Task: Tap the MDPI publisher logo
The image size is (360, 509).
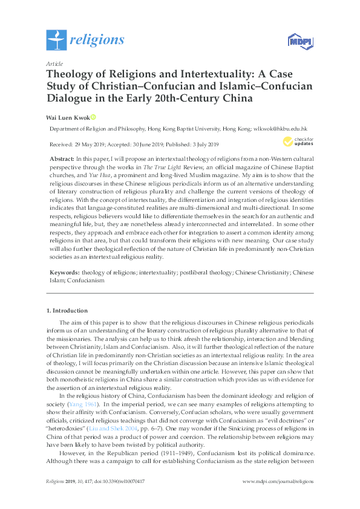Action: pyautogui.click(x=298, y=42)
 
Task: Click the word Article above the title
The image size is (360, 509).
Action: pyautogui.click(x=54, y=63)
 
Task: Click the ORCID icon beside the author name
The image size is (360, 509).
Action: pyautogui.click(x=94, y=117)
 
